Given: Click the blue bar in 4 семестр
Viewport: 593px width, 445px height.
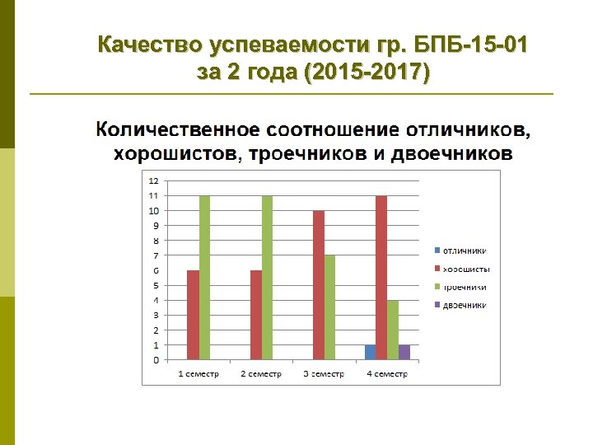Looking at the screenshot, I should (370, 352).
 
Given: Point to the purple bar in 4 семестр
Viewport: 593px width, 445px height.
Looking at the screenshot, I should (404, 352).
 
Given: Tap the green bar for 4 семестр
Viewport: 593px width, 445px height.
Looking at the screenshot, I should (392, 330).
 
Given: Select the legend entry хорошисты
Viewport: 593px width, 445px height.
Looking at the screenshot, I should (466, 269).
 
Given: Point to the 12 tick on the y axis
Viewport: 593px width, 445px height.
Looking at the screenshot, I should (154, 180).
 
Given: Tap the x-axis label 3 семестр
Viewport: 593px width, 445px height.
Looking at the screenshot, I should (324, 373).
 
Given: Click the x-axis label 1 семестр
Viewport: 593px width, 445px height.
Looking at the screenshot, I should (198, 373).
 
